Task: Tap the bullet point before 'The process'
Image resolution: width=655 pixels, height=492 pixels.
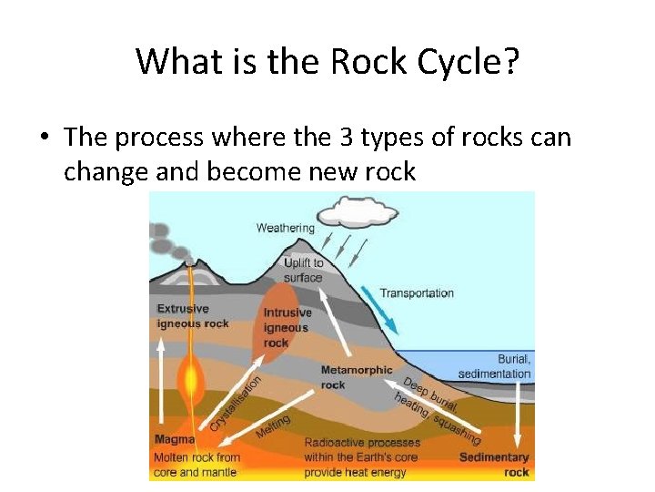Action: tap(44, 138)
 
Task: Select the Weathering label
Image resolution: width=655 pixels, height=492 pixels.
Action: tap(285, 228)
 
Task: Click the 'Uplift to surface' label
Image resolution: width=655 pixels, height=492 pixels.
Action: tap(303, 270)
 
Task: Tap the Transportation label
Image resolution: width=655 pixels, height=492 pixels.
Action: tap(417, 293)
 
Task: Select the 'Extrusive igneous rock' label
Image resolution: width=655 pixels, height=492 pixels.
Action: tap(192, 316)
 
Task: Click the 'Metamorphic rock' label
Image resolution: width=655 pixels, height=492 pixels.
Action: tap(357, 377)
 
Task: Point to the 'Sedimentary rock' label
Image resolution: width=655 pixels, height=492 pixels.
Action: tap(494, 465)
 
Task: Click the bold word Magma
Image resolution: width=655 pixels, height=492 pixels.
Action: tap(174, 441)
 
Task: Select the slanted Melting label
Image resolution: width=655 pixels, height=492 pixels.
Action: tap(273, 425)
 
